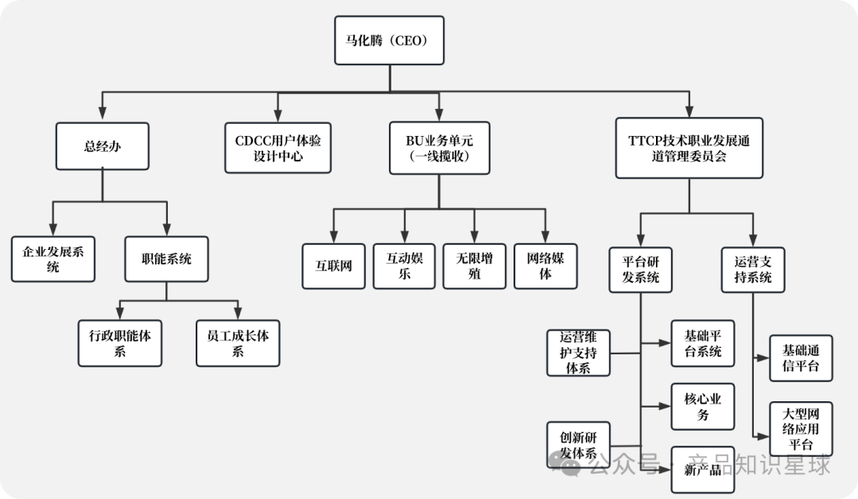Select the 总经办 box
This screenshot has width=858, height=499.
point(102,148)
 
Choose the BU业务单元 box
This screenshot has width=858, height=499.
point(439,148)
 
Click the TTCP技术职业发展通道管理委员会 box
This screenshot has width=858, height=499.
point(690,148)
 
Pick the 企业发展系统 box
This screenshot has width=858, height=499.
point(53,259)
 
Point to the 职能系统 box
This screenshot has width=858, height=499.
point(166,259)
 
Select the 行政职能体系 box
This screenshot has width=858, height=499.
point(120,343)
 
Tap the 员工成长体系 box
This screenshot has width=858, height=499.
point(238,343)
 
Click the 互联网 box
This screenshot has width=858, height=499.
point(333,266)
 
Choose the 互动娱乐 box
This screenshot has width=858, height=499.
point(404,266)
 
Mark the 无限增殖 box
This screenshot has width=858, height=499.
point(474,266)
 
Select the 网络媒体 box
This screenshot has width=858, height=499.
point(546,266)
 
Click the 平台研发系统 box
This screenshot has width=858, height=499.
point(641,268)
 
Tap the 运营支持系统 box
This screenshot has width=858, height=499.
point(753,268)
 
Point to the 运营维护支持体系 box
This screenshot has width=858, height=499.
point(578,352)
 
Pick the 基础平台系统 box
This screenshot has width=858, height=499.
point(703,343)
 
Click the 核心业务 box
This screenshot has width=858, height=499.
point(703,406)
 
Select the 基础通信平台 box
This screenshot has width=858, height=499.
point(800,359)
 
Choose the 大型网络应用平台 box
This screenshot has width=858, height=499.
point(800,427)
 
